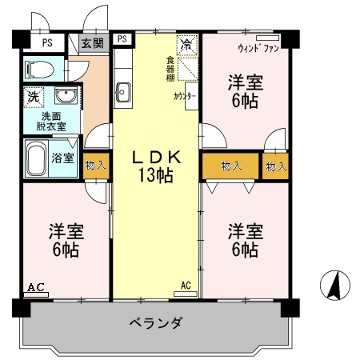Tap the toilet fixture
(x=38, y=70)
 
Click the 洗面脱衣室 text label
(x=50, y=121)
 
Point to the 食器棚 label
(x=170, y=69)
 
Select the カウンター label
(x=185, y=97)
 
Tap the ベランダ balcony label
(x=157, y=323)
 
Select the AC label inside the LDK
(x=186, y=285)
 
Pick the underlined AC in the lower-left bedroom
(x=35, y=286)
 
